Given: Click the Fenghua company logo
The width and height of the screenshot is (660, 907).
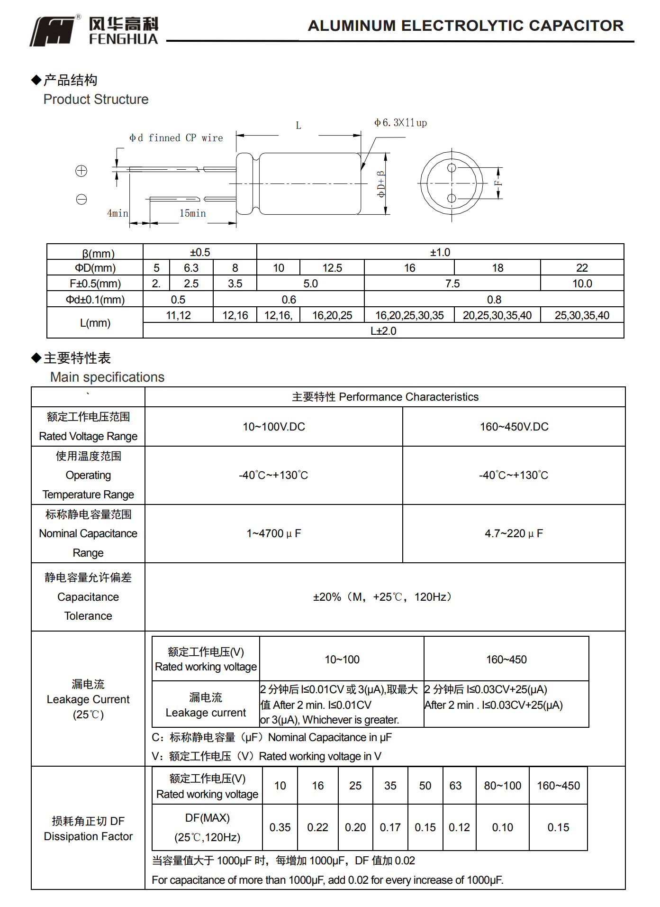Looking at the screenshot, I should coord(94,31).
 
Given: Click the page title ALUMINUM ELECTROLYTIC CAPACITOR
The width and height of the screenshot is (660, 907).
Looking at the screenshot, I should coord(465,26).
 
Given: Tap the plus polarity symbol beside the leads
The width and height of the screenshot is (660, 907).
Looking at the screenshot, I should coord(81,171).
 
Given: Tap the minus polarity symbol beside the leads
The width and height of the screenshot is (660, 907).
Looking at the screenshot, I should coord(81,199).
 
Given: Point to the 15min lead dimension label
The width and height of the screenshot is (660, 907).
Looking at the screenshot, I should coord(192,213).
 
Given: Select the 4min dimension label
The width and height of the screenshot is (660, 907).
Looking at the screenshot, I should coord(118,213).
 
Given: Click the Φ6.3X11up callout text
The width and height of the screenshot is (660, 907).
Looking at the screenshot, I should coord(400,123).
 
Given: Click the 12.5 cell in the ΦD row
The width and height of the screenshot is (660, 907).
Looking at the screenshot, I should coord(332,268).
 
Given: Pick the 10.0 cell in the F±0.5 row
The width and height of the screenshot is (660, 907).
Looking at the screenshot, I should coord(582,284).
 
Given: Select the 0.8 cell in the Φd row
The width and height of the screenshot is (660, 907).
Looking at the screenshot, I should coord(494,300).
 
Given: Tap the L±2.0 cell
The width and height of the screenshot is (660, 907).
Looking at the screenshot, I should coord(383,331).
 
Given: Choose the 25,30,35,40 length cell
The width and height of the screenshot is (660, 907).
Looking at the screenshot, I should coord(582,315).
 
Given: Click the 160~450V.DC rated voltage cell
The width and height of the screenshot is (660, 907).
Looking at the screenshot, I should coord(514,427).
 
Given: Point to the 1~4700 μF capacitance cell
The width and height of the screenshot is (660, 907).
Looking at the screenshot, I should coord(273,533).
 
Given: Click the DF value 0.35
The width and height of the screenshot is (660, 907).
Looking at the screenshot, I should coord(280,827).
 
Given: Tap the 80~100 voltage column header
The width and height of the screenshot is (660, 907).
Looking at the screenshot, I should coord(502,786).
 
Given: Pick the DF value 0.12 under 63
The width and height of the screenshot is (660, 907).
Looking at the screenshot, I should coord(459,827).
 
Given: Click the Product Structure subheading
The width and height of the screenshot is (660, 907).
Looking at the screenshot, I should coord(96,100).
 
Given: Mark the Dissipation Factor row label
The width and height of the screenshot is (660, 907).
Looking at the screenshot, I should coord(88,836).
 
